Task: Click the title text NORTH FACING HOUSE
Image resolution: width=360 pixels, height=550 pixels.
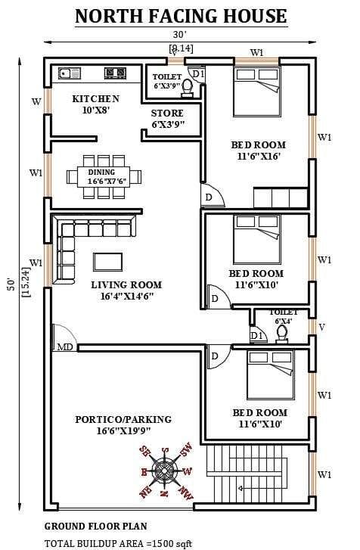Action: [x=181, y=15]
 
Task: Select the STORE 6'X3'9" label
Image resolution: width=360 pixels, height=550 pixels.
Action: [x=167, y=119]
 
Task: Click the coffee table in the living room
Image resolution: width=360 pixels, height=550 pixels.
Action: [x=107, y=261]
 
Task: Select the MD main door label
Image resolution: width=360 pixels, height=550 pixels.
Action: [x=65, y=347]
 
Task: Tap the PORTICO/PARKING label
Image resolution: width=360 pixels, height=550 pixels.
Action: [x=123, y=425]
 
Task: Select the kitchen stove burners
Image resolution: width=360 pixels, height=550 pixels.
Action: [x=115, y=73]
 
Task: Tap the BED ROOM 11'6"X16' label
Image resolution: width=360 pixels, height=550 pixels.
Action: [x=258, y=151]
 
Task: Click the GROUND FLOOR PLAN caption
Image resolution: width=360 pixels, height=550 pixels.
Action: [x=95, y=526]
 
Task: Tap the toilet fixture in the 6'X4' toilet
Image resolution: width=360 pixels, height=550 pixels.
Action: [x=282, y=334]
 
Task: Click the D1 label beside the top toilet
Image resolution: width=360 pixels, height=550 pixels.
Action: [x=197, y=73]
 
